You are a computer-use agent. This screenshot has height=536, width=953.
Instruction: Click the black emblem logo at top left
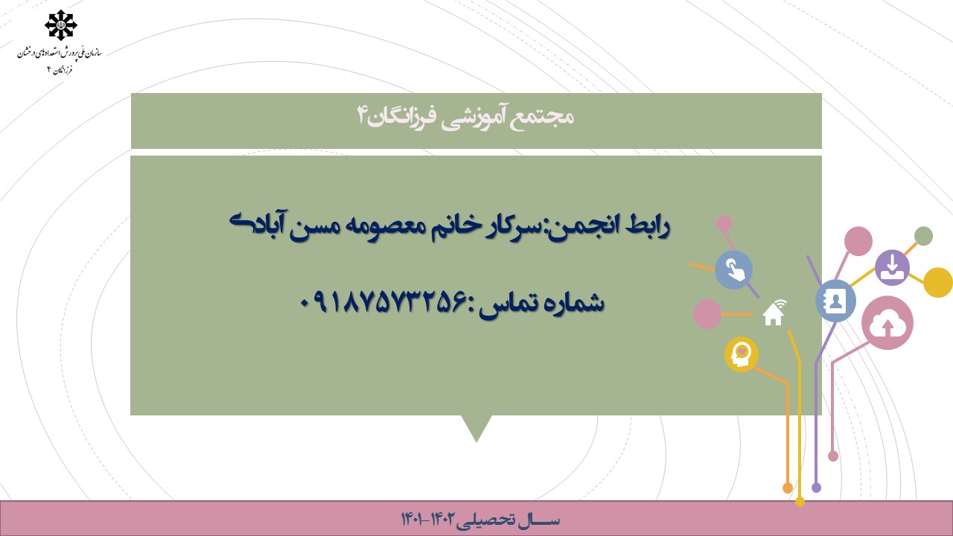(x=61, y=25)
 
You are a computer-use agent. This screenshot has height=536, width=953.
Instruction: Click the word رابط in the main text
(x=648, y=226)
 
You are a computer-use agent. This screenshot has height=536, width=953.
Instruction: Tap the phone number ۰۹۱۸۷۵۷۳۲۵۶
(x=383, y=302)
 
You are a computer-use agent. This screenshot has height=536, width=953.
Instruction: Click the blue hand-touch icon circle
(x=734, y=269)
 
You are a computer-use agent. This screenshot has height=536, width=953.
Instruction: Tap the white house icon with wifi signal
(x=774, y=312)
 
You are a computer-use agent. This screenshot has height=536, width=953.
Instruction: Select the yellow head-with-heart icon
(x=742, y=354)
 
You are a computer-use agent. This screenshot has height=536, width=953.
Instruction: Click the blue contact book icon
(x=835, y=301)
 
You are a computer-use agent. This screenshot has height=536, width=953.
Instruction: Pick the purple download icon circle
(x=892, y=267)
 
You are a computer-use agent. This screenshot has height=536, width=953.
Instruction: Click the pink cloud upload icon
(x=887, y=323)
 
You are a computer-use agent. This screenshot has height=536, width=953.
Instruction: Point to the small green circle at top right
(x=923, y=236)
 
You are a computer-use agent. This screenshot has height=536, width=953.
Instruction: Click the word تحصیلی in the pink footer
(x=485, y=520)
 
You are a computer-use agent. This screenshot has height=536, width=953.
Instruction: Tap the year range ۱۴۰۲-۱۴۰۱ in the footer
(x=428, y=519)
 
